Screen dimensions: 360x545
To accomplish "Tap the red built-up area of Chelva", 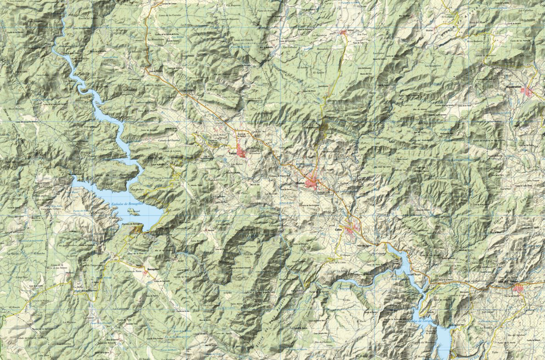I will coord(313,182).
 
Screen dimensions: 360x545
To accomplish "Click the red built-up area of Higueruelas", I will coord(529,92).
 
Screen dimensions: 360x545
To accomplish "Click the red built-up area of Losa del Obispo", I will coord(519,288).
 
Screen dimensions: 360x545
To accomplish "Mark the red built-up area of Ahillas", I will coord(344,33).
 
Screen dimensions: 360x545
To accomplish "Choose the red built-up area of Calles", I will coord(351,229).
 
